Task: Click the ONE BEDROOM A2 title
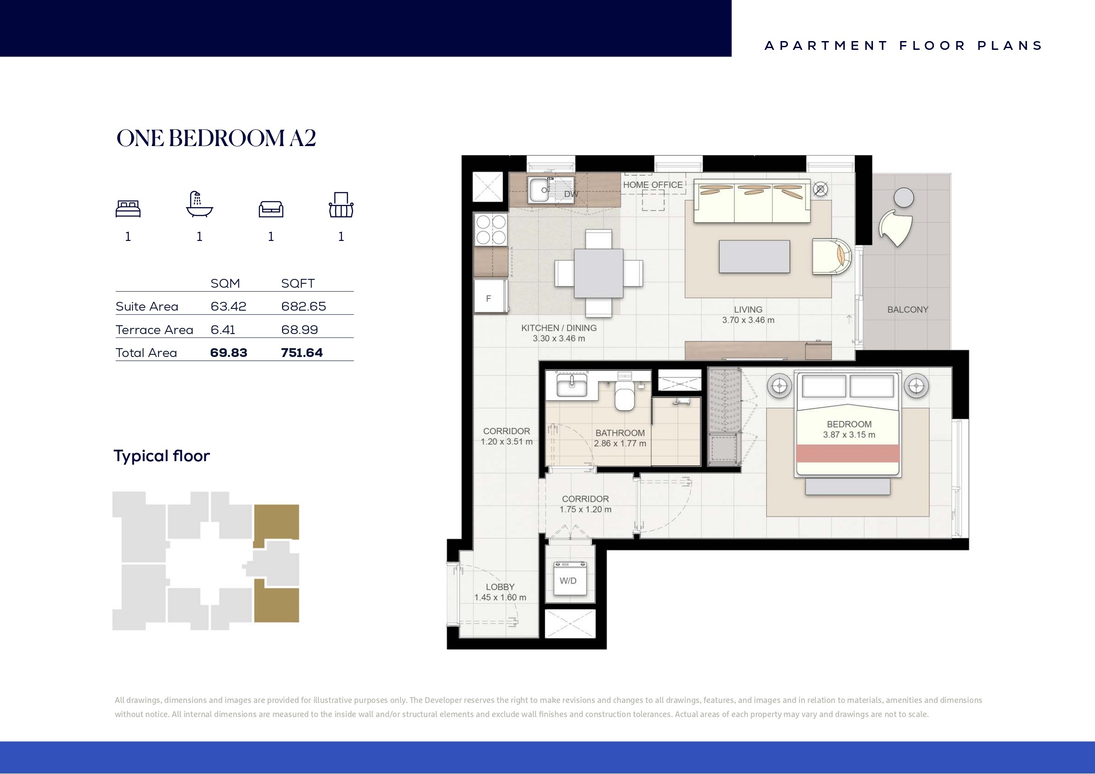[x=216, y=138]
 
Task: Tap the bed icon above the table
[x=128, y=209]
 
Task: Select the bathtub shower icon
[x=199, y=205]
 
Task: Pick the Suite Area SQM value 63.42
[x=229, y=306]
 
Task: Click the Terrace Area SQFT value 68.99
[x=300, y=330]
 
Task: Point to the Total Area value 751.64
[x=302, y=353]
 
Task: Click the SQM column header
[x=225, y=283]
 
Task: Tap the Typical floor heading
[x=162, y=456]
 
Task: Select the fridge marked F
[x=490, y=297]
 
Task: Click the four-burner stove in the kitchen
[x=491, y=229]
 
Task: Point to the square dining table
[x=598, y=273]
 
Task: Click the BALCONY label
[x=907, y=309]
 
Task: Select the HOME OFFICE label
[x=653, y=185]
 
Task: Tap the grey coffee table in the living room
[x=754, y=256]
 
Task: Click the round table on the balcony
[x=904, y=197]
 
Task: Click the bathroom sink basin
[x=572, y=385]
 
